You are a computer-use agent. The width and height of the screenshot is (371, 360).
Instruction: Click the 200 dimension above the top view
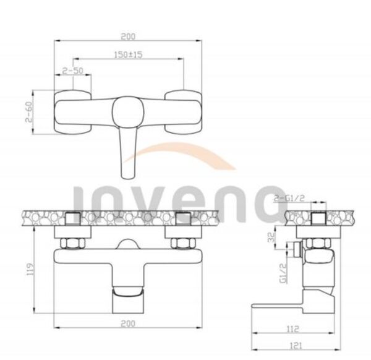[128, 36]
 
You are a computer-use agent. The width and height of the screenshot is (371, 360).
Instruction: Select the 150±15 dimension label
[128, 54]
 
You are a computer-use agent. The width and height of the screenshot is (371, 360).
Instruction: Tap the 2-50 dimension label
[73, 71]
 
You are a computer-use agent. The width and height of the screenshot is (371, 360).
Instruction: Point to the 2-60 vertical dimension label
[29, 112]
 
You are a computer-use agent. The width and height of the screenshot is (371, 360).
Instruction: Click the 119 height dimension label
[31, 269]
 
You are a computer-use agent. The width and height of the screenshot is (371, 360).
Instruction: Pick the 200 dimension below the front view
[128, 324]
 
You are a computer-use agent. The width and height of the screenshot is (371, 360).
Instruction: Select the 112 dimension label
[293, 328]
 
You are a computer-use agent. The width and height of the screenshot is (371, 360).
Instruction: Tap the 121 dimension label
[296, 346]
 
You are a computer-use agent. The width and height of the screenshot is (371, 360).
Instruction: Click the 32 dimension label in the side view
[271, 237]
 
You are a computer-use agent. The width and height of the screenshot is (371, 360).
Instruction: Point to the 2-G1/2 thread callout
[289, 198]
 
